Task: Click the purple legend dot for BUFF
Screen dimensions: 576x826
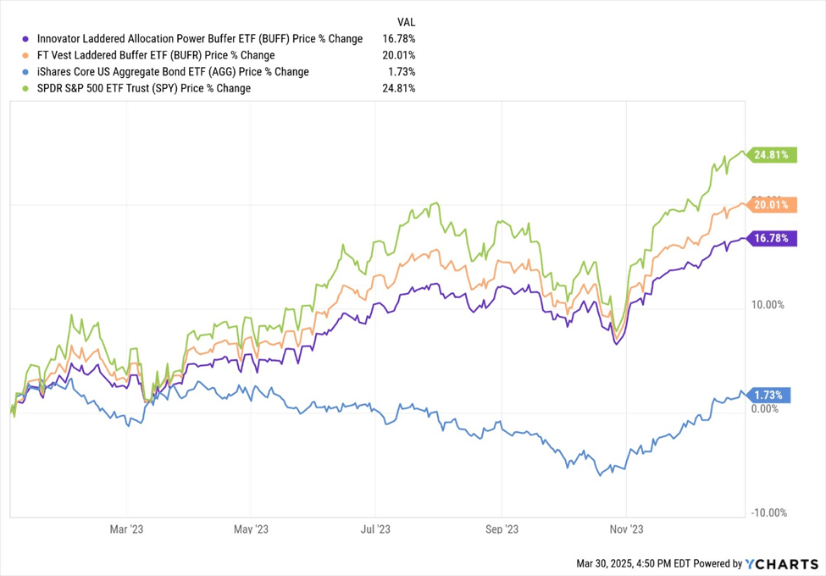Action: coord(26,39)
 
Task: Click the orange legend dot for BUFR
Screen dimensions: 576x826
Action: coord(26,55)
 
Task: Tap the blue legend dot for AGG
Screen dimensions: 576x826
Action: coord(26,72)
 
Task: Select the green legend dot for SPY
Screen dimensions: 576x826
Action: coord(26,88)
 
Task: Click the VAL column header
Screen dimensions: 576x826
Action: coord(406,21)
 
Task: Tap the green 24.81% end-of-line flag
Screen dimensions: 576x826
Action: coord(772,155)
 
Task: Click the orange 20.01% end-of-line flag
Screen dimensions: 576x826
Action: coord(772,204)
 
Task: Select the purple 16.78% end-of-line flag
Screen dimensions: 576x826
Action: coord(772,239)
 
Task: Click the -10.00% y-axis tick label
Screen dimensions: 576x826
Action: coord(769,512)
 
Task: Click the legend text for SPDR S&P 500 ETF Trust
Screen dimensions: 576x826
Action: coord(142,88)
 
